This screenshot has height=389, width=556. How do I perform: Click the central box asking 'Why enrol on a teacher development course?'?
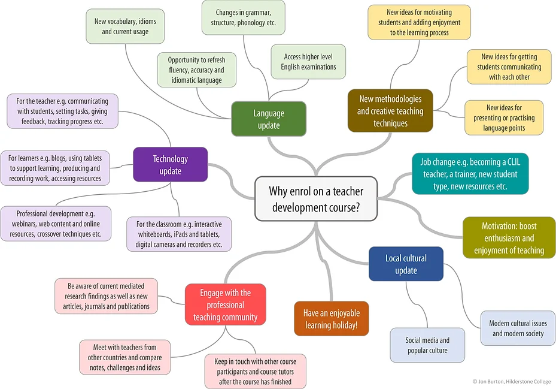pyautogui.click(x=316, y=198)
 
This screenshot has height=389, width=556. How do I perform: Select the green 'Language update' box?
pyautogui.click(x=269, y=119)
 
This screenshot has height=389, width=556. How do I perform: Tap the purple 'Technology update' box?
pyautogui.click(x=171, y=164)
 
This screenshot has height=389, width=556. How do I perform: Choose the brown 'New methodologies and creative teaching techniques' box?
pyautogui.click(x=390, y=111)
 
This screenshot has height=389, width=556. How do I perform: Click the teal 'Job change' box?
pyautogui.click(x=470, y=174)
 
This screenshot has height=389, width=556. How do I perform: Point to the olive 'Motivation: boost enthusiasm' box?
pyautogui.click(x=509, y=238)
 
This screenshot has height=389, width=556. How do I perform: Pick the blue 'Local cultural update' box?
pyautogui.click(x=406, y=264)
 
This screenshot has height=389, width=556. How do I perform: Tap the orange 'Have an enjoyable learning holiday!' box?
pyautogui.click(x=332, y=319)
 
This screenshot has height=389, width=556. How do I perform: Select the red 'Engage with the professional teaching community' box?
pyautogui.click(x=226, y=304)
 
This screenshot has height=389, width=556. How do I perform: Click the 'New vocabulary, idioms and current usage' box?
pyautogui.click(x=125, y=26)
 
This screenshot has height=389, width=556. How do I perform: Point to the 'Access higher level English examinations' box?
pyautogui.click(x=308, y=62)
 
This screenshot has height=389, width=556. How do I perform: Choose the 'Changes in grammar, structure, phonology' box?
pyautogui.click(x=243, y=17)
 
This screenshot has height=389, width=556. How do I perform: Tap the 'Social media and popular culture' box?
pyautogui.click(x=427, y=345)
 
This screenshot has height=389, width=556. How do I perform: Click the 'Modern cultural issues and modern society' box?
pyautogui.click(x=518, y=328)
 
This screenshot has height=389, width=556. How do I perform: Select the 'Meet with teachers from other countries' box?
pyautogui.click(x=125, y=357)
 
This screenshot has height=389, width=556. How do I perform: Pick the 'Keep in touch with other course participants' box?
pyautogui.click(x=256, y=371)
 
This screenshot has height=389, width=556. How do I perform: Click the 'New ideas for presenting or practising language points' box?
pyautogui.click(x=504, y=117)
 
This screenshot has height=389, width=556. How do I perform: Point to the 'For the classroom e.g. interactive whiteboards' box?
pyautogui.click(x=179, y=234)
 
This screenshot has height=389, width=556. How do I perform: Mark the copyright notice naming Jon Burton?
pyautogui.click(x=512, y=382)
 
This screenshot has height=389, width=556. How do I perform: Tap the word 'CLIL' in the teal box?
pyautogui.click(x=514, y=162)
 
